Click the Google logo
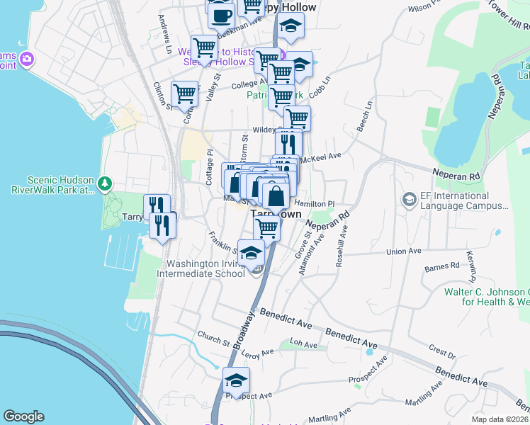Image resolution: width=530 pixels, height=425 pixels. point(23,416)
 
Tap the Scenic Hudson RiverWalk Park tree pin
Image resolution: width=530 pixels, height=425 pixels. point(105,184)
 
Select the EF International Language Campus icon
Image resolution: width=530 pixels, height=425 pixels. point(409,200)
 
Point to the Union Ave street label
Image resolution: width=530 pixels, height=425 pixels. point(403,251)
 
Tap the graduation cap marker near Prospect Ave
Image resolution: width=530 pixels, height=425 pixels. point(237,381)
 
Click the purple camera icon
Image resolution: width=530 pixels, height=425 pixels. point(28,58)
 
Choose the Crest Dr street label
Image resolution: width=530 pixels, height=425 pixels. point(441,352)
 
